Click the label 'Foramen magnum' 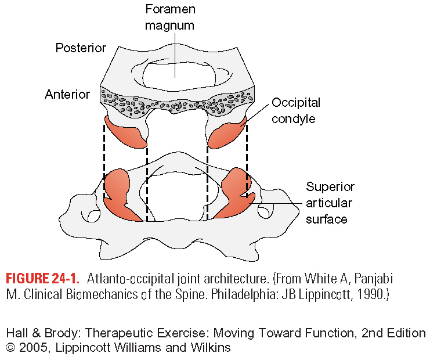[170, 17]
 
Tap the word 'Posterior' [81, 48]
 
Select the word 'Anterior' [67, 95]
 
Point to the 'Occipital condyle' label [296, 110]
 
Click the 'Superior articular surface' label [330, 203]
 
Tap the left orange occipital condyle [125, 132]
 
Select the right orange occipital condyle [227, 133]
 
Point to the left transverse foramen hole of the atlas [94, 216]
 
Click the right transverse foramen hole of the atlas [264, 213]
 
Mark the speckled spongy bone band [177, 102]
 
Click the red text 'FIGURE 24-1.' [42, 279]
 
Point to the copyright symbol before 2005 [10, 348]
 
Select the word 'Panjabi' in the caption [374, 279]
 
